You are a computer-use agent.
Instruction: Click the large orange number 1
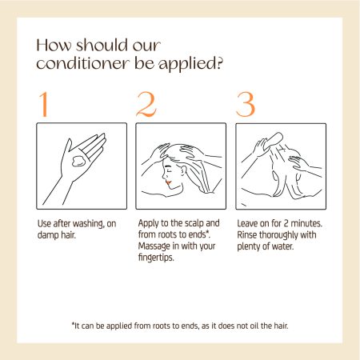[44, 104]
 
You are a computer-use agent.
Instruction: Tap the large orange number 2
[146, 104]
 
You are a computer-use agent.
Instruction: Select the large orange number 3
[246, 105]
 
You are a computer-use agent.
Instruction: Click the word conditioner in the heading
[83, 63]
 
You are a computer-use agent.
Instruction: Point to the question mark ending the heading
[219, 63]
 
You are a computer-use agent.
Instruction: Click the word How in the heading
[54, 45]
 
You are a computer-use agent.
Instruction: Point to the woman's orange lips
[168, 182]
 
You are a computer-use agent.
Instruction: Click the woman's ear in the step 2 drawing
[183, 170]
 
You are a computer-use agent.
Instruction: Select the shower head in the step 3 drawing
[273, 142]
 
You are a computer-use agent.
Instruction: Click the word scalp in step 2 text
[194, 223]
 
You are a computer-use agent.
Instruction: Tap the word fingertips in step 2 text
[156, 258]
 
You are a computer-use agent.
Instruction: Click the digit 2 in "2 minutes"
[286, 223]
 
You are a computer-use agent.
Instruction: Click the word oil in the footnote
[254, 326]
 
